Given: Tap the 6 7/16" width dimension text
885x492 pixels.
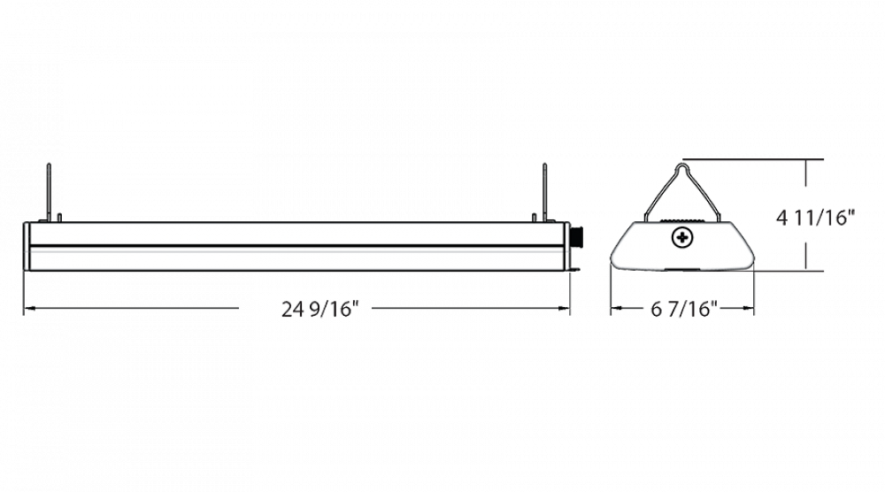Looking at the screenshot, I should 681,309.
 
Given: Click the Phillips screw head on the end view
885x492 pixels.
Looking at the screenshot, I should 681,237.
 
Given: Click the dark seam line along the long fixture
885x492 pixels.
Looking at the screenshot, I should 296,245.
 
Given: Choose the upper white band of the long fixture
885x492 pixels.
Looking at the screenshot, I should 296,234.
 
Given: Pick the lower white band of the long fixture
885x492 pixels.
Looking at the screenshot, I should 296,258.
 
